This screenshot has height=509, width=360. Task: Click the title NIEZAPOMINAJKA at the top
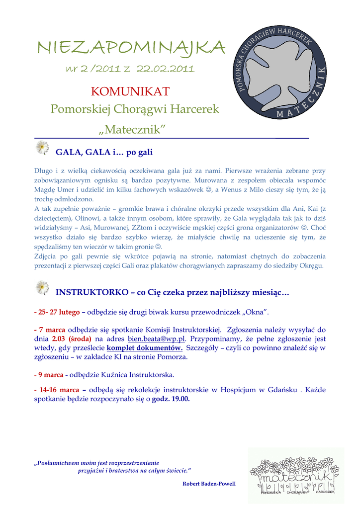131,48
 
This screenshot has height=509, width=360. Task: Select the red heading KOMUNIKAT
130,91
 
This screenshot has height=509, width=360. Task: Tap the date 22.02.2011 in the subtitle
165,69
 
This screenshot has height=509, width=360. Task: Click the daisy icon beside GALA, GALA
43,148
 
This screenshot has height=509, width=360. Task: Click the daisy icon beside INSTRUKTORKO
43,288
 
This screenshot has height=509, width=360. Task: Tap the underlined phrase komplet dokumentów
144,348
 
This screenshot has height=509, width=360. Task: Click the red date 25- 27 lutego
57,312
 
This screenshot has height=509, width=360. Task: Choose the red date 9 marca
50,374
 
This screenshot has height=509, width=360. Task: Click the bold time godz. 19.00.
171,399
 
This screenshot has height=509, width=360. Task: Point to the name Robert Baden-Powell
209,484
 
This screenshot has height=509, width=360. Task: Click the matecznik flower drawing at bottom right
295,475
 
